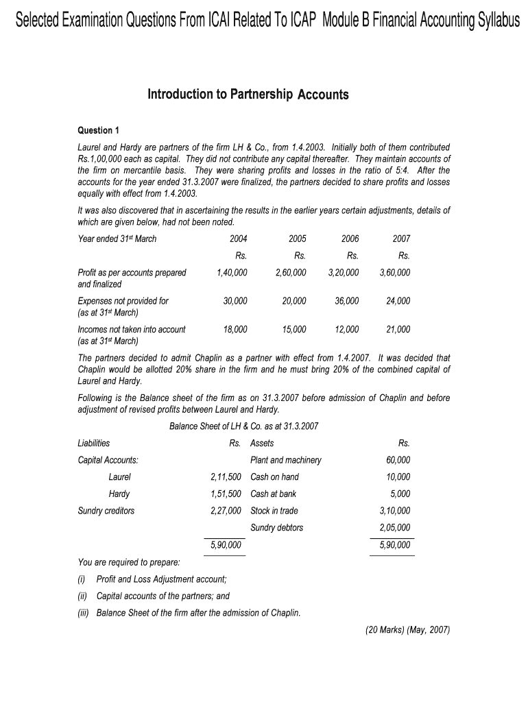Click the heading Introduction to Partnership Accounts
[x=248, y=95]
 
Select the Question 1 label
[x=99, y=130]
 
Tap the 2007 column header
[x=401, y=239]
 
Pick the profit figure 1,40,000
[x=232, y=272]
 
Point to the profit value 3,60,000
[x=395, y=272]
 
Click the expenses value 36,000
[x=346, y=300]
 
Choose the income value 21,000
[x=398, y=329]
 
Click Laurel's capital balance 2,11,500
[x=226, y=476]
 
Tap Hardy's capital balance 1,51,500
[x=226, y=494]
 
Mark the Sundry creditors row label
[x=106, y=511]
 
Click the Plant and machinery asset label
[x=286, y=460]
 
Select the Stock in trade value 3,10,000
[x=395, y=511]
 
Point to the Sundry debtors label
[x=277, y=527]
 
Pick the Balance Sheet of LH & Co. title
[x=243, y=426]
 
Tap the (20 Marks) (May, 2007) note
[x=407, y=631]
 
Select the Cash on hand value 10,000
[x=398, y=476]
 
